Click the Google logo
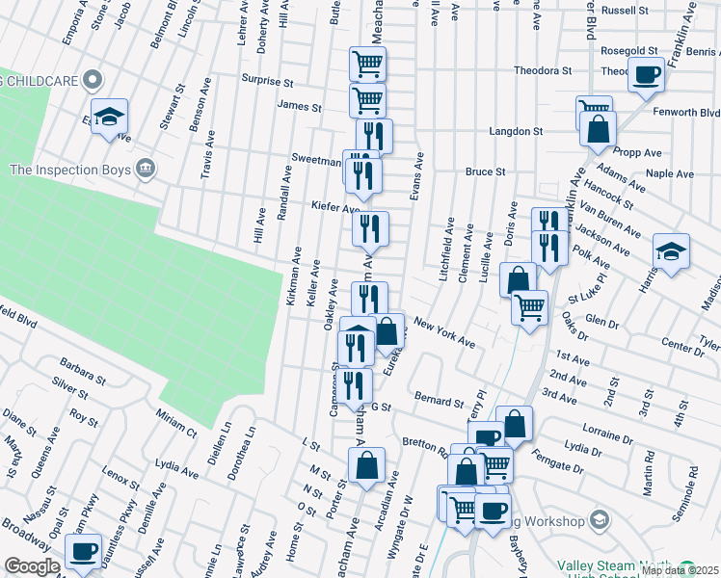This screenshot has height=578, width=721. (x=32, y=566)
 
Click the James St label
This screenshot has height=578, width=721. (x=299, y=107)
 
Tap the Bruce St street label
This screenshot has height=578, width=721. (x=486, y=171)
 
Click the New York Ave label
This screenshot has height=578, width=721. (x=444, y=333)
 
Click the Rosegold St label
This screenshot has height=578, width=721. (x=628, y=50)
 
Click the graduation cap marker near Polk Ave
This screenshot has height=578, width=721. (x=671, y=251)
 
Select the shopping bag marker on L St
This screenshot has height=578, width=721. (x=367, y=466)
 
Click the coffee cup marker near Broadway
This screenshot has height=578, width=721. (x=84, y=551)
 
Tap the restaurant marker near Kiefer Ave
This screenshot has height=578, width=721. (x=370, y=229)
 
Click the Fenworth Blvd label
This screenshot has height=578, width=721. (x=685, y=113)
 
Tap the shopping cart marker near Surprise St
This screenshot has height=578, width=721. (x=367, y=65)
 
